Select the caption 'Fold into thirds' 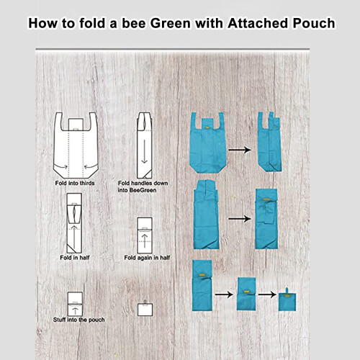tap(75, 183)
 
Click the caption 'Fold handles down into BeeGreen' tap(143, 186)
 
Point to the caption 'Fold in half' tap(75, 258)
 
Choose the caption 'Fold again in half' tap(147, 258)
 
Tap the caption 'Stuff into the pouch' tap(79, 320)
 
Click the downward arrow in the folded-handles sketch tap(144, 151)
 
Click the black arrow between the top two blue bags tap(240, 150)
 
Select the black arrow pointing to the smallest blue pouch tap(267, 294)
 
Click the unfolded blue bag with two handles tap(208, 143)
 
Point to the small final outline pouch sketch tap(145, 309)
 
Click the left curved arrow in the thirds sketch tap(61, 166)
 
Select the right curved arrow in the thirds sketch tap(91, 166)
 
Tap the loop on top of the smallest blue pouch tap(287, 290)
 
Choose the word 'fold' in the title tap(92, 23)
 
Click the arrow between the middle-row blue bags tap(240, 219)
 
